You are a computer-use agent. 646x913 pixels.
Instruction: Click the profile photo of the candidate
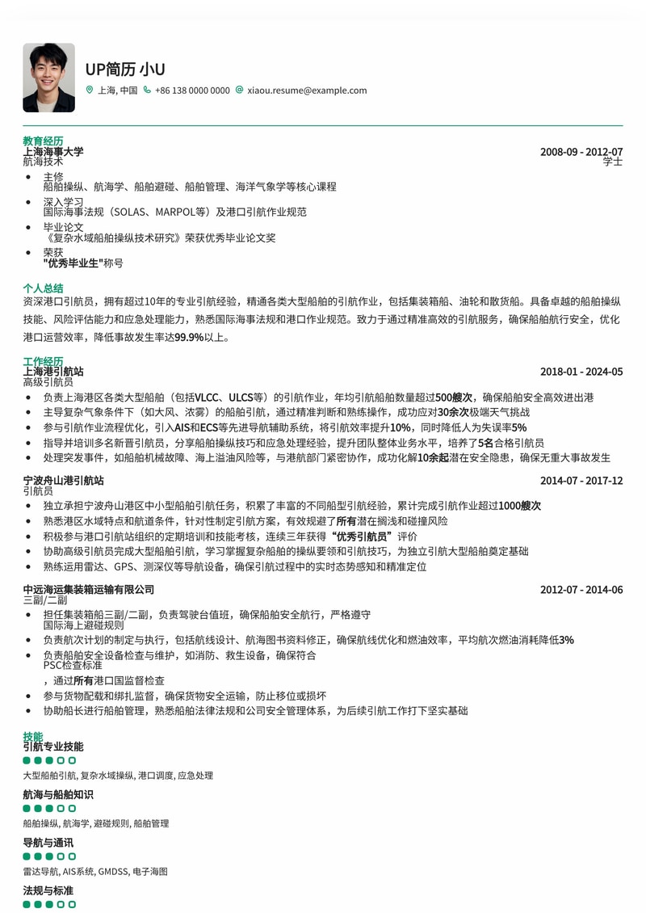click(x=48, y=78)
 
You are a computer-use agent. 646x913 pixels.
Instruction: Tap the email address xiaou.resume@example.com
click(x=307, y=90)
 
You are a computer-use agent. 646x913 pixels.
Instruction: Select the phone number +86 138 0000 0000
click(x=192, y=90)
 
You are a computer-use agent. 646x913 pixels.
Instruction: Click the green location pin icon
click(x=90, y=90)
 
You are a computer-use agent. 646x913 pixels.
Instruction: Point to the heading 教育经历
click(x=43, y=141)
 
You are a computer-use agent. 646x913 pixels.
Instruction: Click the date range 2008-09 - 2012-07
click(x=581, y=152)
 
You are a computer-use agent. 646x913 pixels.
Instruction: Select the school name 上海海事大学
click(x=53, y=152)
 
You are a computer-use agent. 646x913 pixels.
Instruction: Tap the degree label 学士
click(x=613, y=162)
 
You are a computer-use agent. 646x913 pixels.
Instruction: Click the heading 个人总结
click(x=43, y=288)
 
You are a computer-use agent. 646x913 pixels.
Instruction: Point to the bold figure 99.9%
click(x=189, y=337)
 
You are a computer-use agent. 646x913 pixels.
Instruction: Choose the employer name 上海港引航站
click(x=53, y=372)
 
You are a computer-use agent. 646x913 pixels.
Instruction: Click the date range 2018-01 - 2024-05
click(x=581, y=372)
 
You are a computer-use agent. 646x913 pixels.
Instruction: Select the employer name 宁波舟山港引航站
click(x=63, y=481)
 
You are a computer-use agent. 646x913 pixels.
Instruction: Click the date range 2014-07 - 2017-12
click(x=581, y=481)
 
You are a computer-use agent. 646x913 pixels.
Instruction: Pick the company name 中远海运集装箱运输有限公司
click(x=88, y=590)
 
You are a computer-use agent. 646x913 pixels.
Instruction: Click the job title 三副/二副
click(x=45, y=600)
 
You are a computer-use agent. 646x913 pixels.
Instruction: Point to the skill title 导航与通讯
click(x=48, y=843)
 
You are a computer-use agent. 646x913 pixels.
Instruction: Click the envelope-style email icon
click(x=239, y=90)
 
